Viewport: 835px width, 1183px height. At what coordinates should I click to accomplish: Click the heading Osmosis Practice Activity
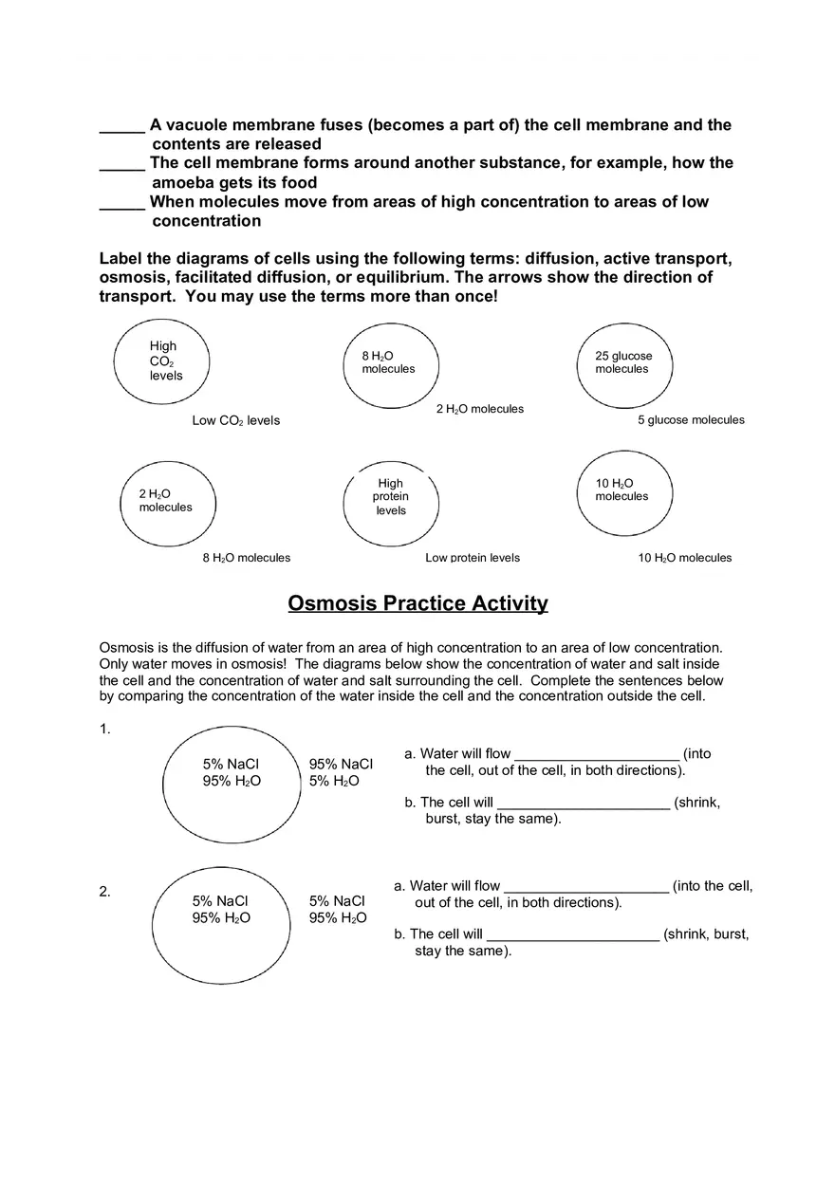(417, 603)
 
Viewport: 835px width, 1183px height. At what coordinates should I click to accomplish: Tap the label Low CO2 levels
(236, 420)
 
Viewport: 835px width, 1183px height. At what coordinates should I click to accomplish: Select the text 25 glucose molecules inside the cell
(623, 362)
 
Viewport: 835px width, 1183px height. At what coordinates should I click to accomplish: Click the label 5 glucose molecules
(691, 420)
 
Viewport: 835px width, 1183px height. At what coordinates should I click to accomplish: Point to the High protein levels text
(391, 496)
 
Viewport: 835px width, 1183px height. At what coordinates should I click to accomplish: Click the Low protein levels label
(473, 558)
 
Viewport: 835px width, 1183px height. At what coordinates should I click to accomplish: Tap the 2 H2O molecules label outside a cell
(480, 409)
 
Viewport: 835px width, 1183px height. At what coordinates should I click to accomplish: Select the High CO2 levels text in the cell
(165, 360)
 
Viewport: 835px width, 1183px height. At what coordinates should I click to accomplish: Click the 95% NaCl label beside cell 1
(341, 765)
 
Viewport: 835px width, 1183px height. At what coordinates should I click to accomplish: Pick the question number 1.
(104, 730)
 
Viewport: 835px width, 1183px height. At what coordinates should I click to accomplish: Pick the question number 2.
(104, 892)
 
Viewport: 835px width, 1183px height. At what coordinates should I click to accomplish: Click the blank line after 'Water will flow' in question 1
(596, 755)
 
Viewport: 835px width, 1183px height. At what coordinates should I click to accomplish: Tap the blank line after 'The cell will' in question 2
(572, 934)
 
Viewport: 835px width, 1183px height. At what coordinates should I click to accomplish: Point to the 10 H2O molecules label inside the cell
(622, 490)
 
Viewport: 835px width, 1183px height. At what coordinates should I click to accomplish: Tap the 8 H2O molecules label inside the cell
(388, 362)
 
